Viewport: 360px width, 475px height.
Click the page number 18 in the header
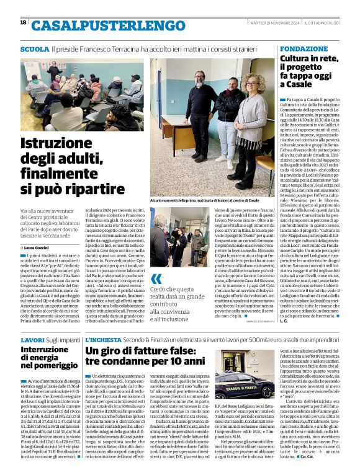click(x=24, y=22)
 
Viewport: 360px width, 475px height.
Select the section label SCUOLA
click(x=35, y=48)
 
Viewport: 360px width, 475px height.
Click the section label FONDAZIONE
click(x=303, y=48)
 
